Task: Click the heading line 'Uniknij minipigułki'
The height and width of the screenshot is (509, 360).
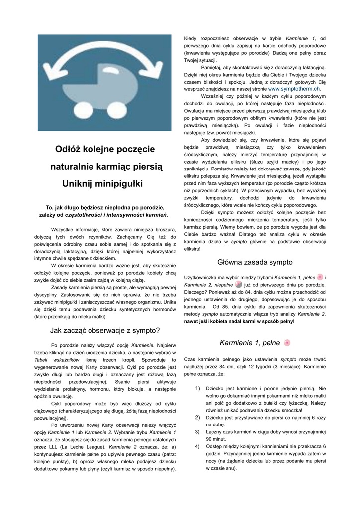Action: point(102,184)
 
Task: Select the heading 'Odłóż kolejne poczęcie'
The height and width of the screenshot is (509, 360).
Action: point(105,149)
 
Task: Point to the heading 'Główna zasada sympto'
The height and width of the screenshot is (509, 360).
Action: point(255,262)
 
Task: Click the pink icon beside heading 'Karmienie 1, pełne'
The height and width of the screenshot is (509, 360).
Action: point(287,343)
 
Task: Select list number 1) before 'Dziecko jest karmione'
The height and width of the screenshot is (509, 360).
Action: point(197,388)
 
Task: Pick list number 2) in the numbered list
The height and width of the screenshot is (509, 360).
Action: point(197,417)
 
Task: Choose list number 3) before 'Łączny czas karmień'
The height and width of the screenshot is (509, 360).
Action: point(197,432)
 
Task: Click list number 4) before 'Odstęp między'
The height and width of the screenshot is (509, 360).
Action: point(197,446)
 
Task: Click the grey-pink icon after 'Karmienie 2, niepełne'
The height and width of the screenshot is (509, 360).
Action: point(239,285)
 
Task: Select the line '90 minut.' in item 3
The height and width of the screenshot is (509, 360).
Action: point(216,439)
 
